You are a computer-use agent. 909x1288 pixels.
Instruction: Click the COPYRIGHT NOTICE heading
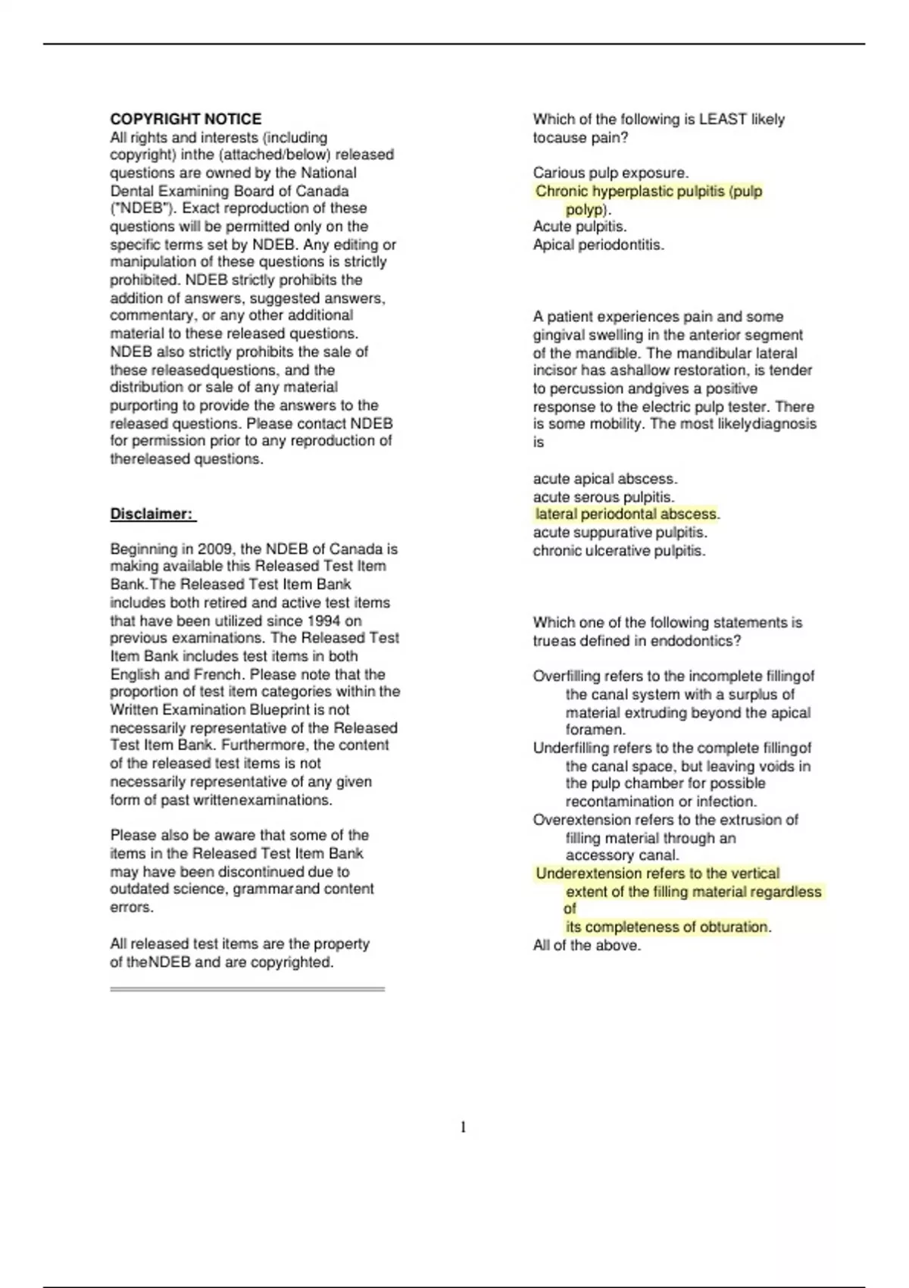[x=186, y=119]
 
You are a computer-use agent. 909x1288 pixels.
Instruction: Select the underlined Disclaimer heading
[x=152, y=514]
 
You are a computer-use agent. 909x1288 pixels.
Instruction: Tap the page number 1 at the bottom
[x=463, y=1127]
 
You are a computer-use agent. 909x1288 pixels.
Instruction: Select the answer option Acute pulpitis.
[x=579, y=227]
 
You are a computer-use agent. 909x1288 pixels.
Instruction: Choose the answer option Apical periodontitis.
[x=598, y=245]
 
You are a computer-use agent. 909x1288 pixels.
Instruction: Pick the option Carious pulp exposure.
[x=611, y=173]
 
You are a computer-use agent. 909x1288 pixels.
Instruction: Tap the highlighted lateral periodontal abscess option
[x=626, y=514]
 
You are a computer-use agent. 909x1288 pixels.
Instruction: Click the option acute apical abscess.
[x=604, y=479]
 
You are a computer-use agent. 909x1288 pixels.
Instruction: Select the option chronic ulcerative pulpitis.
[x=619, y=551]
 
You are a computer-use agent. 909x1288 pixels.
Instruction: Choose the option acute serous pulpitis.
[x=603, y=497]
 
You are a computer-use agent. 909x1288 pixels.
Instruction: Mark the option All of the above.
[x=586, y=946]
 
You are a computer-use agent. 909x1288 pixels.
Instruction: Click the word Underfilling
[x=570, y=748]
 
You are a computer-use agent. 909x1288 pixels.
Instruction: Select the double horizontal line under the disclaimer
[x=247, y=989]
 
